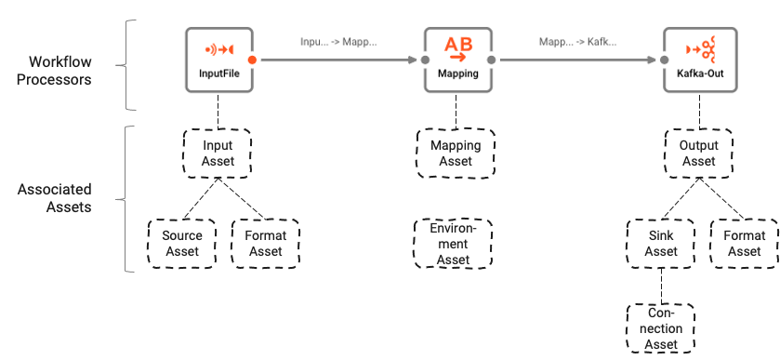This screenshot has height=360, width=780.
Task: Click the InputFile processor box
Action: (218, 59)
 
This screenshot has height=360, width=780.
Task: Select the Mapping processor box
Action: (456, 59)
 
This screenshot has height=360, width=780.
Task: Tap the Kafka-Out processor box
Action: (695, 59)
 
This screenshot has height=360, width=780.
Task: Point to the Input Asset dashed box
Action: (218, 153)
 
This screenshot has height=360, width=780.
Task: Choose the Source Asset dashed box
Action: (182, 244)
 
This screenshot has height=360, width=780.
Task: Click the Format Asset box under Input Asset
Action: (266, 244)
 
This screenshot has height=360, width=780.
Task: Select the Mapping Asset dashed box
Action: (456, 153)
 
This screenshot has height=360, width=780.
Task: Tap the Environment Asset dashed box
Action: (454, 244)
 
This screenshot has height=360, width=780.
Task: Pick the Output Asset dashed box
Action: (698, 153)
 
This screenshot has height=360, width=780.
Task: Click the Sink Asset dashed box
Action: (661, 244)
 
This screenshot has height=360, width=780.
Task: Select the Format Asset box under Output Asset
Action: (744, 244)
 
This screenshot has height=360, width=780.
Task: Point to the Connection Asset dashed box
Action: (661, 328)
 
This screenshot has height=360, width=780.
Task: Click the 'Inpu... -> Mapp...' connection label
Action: (337, 42)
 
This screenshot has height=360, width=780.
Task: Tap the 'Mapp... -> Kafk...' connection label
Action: (577, 42)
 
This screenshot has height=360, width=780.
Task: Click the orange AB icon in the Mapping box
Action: (456, 47)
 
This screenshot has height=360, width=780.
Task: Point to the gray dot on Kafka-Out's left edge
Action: (662, 60)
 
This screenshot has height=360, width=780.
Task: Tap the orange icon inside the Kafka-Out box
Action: (695, 47)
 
